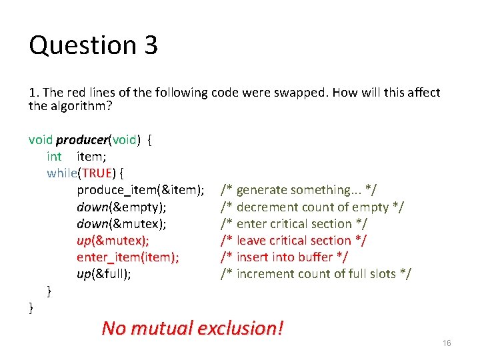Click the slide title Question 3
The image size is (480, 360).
(93, 45)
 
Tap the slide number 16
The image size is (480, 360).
(447, 343)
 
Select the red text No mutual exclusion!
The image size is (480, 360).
(193, 328)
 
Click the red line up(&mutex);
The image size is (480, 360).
(113, 240)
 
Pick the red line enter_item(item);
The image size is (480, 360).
(127, 257)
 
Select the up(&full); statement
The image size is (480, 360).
(103, 273)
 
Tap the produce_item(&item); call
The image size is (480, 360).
(140, 190)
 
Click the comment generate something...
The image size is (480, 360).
(299, 190)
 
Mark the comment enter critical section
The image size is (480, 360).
(294, 223)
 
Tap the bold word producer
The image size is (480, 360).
(82, 140)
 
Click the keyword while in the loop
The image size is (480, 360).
(62, 173)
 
